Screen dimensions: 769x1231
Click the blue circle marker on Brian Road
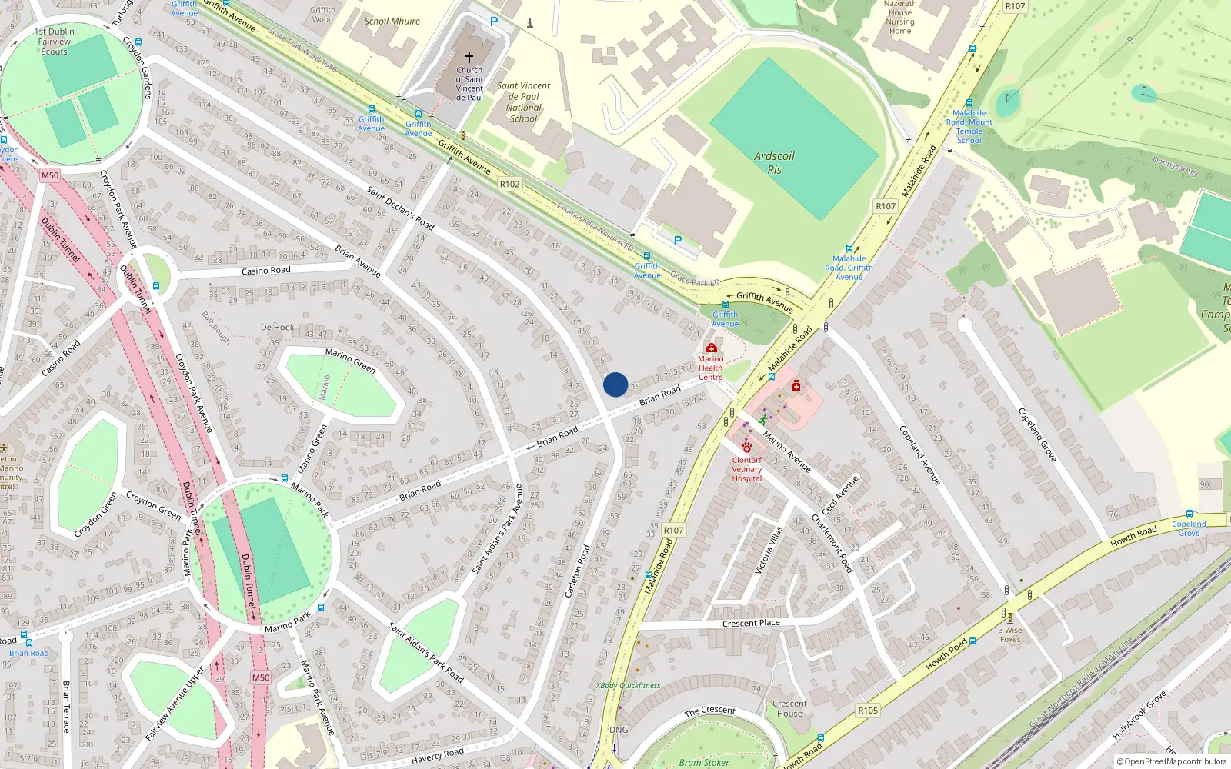[615, 384]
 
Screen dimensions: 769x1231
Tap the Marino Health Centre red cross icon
[711, 348]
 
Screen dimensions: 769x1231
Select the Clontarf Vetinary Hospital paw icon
[746, 447]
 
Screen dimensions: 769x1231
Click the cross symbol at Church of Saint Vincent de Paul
[469, 58]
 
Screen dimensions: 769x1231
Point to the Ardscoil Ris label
[774, 162]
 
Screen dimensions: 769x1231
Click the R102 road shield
[509, 185]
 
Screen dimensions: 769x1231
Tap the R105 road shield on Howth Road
[868, 711]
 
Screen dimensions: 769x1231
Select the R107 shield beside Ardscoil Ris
[886, 206]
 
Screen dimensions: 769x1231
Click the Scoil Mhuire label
[392, 22]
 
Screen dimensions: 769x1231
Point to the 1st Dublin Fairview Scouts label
[55, 42]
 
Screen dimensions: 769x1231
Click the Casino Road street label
[266, 271]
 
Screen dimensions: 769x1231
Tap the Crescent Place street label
[751, 623]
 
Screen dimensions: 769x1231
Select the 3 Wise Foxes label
[1010, 634]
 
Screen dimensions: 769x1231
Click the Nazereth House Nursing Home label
[900, 18]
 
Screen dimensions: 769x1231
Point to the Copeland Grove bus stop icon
[1189, 514]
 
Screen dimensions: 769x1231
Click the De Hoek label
[277, 327]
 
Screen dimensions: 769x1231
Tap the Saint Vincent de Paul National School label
[523, 102]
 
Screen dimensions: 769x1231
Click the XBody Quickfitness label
[628, 685]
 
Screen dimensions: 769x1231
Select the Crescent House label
[789, 708]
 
